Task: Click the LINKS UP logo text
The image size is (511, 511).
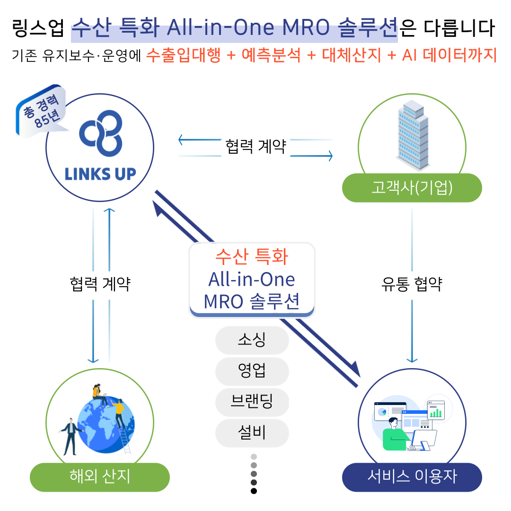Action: [x=100, y=174]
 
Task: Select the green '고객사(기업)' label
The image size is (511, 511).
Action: [x=412, y=188]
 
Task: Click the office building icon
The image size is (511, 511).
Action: [x=412, y=135]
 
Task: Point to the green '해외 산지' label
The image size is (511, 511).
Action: [x=99, y=476]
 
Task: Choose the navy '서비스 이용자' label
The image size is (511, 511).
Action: [x=412, y=476]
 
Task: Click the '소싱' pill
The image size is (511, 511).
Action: [x=252, y=340]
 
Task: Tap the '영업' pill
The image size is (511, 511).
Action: [x=252, y=371]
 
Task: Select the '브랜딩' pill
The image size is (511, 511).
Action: [x=252, y=402]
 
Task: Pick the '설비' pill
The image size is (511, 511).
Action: [x=252, y=432]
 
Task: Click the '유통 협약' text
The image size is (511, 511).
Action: [x=412, y=284]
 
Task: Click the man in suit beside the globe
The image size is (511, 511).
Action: [x=70, y=435]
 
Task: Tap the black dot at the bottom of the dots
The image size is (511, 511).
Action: [x=254, y=491]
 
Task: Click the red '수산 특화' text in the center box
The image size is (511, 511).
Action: [x=252, y=256]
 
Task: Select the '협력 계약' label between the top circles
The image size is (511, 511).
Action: [x=255, y=147]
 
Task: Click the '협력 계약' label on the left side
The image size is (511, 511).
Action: [x=99, y=284]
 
